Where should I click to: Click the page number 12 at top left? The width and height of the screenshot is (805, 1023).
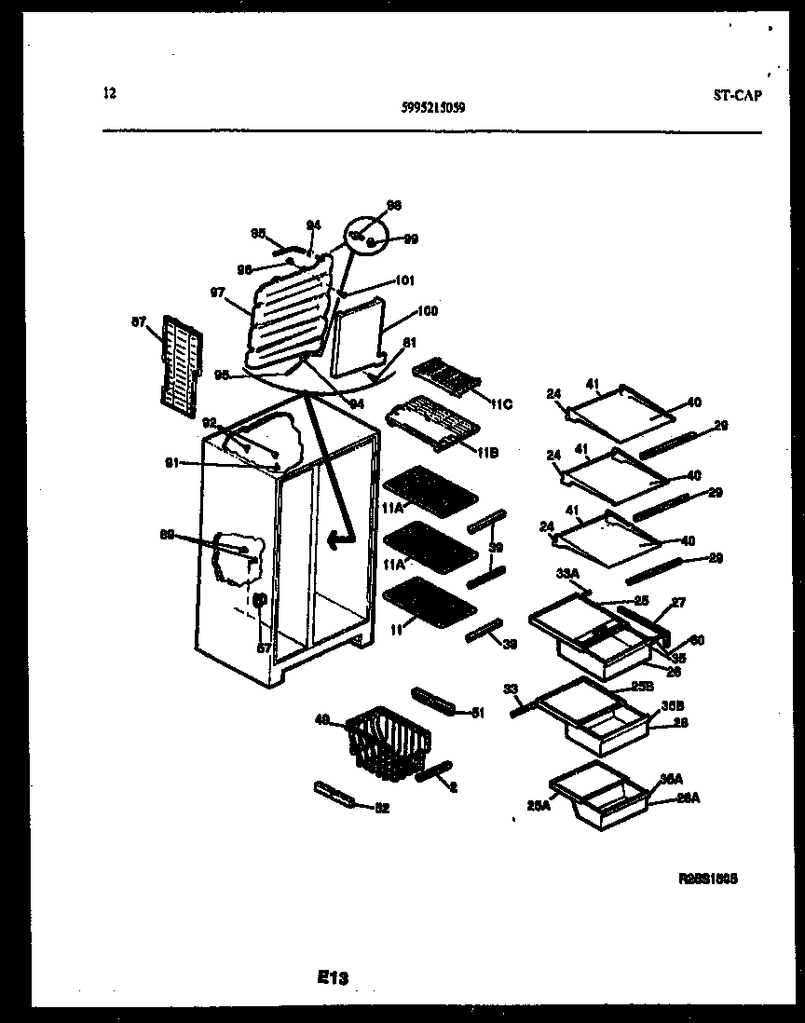coord(110,92)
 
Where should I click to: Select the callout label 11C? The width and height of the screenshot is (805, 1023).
coord(500,403)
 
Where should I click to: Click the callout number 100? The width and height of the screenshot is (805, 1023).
coord(428,311)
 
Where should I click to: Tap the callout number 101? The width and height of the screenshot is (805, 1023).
coord(404,280)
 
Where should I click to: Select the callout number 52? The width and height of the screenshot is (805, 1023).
coord(381,808)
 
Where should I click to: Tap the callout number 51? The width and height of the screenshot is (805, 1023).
coord(478,713)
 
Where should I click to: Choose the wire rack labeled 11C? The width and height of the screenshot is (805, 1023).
coord(446,377)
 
